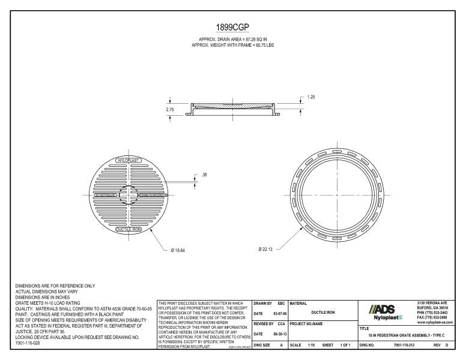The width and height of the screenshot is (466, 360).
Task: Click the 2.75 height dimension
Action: point(171,110)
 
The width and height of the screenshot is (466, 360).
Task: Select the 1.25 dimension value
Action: point(311,96)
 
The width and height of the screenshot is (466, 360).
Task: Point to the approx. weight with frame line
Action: point(232,45)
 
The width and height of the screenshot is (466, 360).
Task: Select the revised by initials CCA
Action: point(280,323)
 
